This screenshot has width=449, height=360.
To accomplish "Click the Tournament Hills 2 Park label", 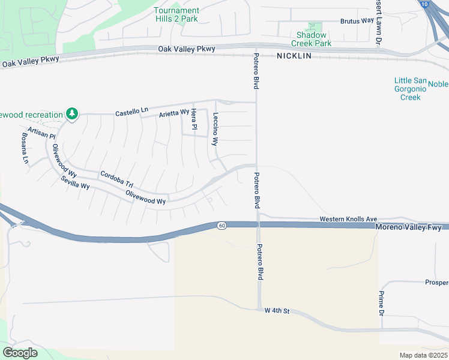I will (176, 14).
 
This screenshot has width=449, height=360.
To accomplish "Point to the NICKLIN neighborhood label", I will (294, 55).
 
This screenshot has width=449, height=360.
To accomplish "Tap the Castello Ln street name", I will (131, 112).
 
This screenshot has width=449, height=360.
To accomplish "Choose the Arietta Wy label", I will (174, 113).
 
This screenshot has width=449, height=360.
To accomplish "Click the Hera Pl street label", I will (194, 119).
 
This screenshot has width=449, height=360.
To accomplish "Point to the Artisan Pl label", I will (41, 133).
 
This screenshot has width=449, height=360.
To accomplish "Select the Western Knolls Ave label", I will (348, 220).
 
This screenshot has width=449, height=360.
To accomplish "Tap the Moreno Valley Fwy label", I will (408, 227).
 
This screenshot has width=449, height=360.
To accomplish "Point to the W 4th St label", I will (277, 311).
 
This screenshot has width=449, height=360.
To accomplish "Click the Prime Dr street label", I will (381, 303).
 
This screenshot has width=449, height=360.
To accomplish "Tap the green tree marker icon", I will (72, 113).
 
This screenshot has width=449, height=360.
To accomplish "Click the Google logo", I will (20, 353).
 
